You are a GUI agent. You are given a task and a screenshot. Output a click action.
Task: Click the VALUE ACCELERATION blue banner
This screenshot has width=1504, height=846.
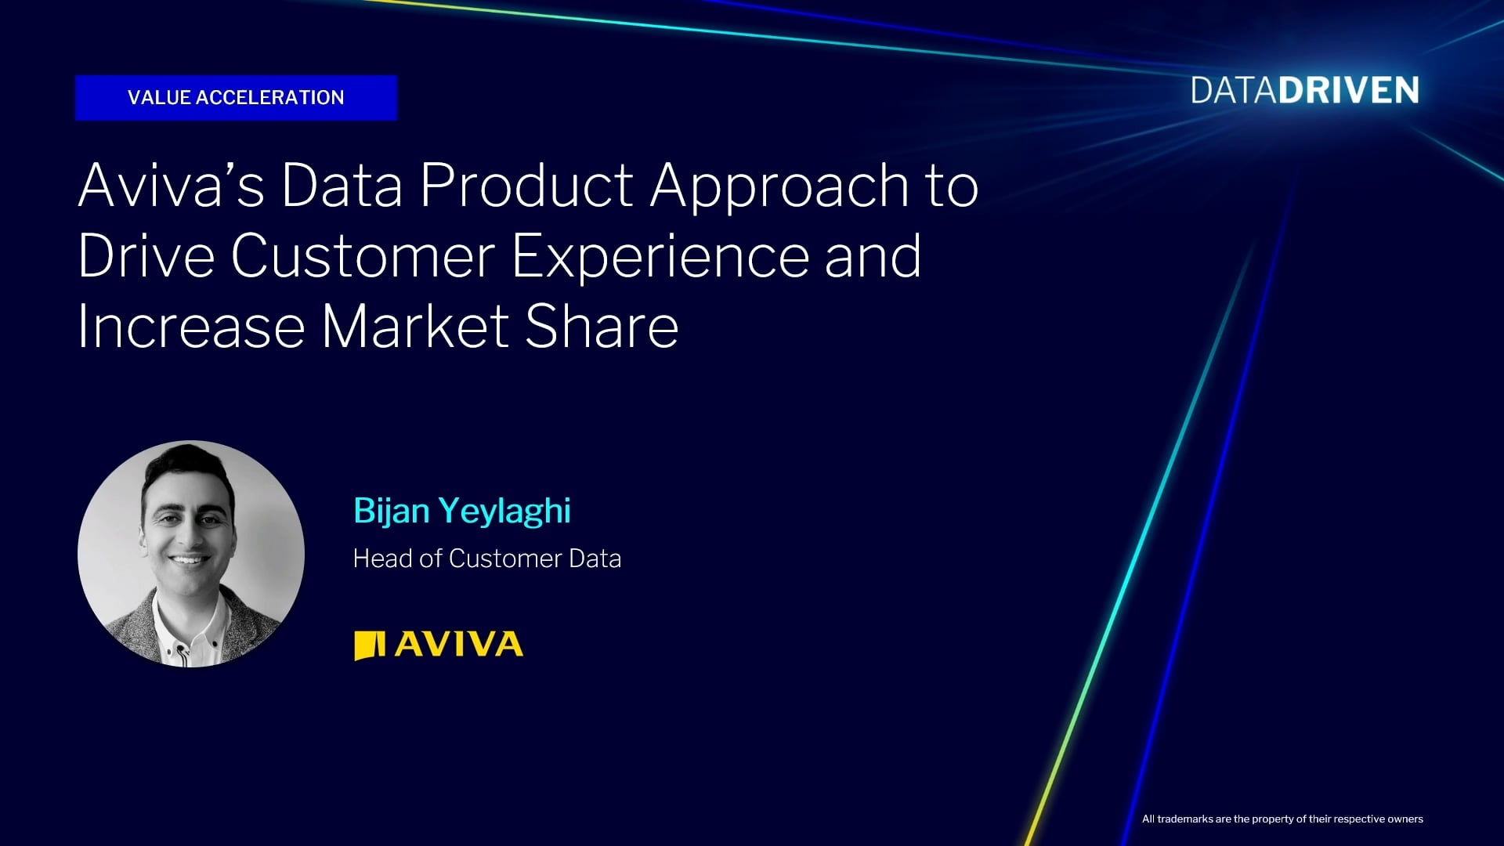point(236,98)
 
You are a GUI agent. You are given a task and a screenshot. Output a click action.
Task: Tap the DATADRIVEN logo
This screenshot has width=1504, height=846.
point(1305,91)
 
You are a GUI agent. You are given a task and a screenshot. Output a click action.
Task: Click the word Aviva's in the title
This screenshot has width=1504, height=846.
point(171,186)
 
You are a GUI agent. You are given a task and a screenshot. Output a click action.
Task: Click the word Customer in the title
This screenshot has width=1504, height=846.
point(363,256)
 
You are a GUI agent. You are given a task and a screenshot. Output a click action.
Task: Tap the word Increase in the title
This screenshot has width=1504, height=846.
point(191,327)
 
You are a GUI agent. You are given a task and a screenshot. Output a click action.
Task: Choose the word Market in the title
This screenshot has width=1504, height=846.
point(415,327)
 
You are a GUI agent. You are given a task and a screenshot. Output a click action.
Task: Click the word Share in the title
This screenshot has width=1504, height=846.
point(602,327)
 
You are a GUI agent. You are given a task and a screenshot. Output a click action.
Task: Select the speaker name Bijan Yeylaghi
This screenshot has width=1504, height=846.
point(462,512)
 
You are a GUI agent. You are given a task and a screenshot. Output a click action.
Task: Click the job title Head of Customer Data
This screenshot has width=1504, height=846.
point(487,559)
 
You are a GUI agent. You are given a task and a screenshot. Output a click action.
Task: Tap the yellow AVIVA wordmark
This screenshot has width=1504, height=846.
point(459,645)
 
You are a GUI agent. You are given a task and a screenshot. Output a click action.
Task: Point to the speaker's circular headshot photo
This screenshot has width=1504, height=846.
point(191,554)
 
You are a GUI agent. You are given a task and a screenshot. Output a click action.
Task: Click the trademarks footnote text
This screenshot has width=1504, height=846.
point(1282,819)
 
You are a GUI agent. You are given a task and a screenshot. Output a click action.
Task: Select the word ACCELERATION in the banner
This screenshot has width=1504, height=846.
point(269,98)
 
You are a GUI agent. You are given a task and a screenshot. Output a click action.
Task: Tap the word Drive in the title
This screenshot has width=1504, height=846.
point(146,256)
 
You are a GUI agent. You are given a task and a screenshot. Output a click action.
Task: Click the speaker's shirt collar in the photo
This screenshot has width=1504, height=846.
point(188,619)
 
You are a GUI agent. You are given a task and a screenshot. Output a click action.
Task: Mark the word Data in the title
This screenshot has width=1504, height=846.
point(342,186)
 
